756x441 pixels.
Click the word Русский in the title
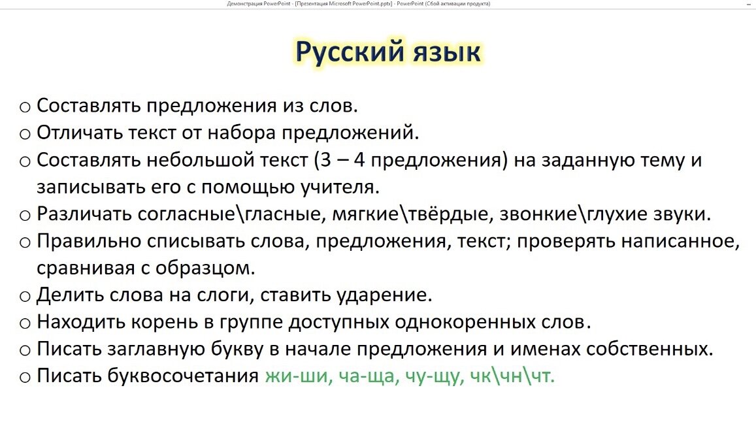point(347,52)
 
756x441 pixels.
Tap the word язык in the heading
point(446,52)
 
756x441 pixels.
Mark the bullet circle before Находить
point(25,323)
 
